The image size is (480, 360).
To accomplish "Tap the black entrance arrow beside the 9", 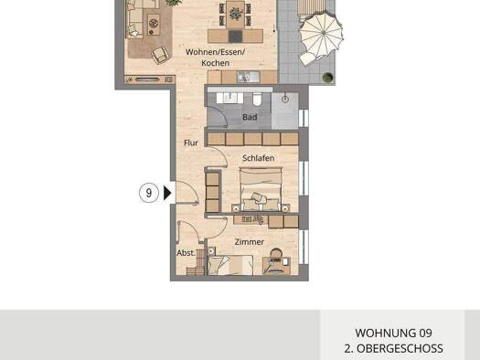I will pyautogui.click(x=166, y=193).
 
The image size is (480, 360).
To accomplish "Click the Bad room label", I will pyautogui.click(x=250, y=117).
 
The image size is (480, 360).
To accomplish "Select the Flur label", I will pyautogui.click(x=191, y=143).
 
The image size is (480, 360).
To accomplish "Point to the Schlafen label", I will pyautogui.click(x=259, y=157).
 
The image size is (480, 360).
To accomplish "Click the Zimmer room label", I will pyautogui.click(x=250, y=242).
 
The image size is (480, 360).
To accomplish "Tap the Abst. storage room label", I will pyautogui.click(x=186, y=253).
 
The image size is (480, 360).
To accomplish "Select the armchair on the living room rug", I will pyautogui.click(x=162, y=56).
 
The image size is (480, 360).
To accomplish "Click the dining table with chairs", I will pyautogui.click(x=235, y=13).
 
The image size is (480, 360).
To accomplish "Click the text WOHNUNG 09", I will pyautogui.click(x=393, y=334).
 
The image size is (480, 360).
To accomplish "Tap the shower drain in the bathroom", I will pyautogui.click(x=285, y=97).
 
